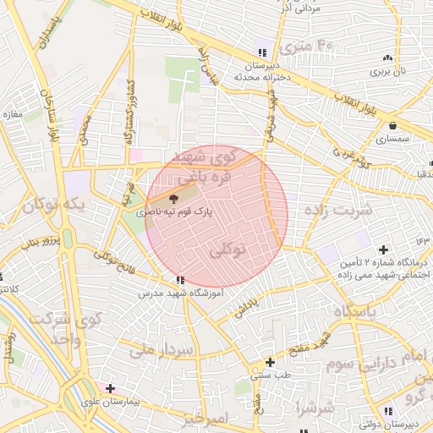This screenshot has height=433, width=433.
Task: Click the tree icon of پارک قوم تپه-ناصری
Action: [x=186, y=197]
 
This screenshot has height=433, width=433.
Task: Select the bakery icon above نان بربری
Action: [x=387, y=58]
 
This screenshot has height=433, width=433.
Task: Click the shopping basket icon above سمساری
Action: [x=393, y=124]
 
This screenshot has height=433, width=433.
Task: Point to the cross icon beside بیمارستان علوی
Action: [x=110, y=388]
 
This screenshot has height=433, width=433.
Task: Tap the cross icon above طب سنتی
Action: [x=270, y=362]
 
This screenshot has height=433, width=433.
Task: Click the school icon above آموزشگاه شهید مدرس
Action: [x=178, y=280]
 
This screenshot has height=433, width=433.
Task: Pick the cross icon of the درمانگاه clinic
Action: [x=384, y=249]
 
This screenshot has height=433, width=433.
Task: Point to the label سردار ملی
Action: [x=162, y=348]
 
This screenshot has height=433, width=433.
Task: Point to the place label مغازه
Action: [x=12, y=113]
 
